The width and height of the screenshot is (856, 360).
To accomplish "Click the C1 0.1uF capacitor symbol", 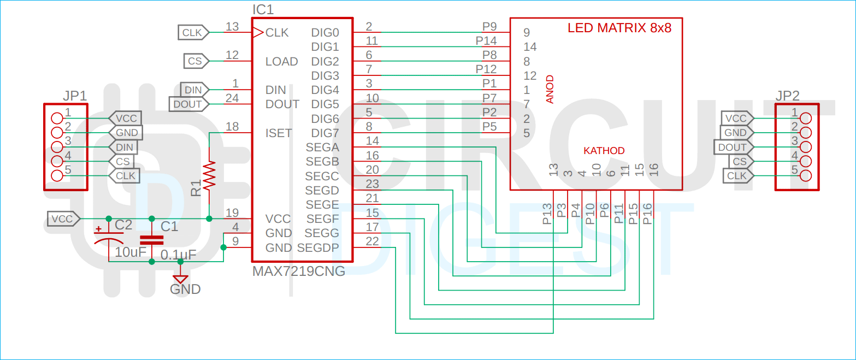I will [x=151, y=240].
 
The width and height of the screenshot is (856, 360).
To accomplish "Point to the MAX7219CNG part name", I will [x=298, y=272].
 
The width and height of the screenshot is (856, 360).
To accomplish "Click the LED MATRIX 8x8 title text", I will [x=619, y=28].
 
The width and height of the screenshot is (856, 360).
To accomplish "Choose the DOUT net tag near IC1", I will [x=187, y=104].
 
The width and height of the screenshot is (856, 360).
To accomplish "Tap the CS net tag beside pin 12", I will [x=194, y=61].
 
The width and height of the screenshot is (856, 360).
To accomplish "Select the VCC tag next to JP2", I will [x=736, y=118].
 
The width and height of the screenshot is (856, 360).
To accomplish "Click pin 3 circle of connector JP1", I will [x=57, y=147].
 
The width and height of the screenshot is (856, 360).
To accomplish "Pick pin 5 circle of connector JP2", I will [x=805, y=176].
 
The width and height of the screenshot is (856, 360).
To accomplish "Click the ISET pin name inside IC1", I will [x=279, y=133].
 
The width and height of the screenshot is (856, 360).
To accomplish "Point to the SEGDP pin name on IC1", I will [x=318, y=248].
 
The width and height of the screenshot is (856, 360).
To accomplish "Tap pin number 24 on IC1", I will [x=232, y=98].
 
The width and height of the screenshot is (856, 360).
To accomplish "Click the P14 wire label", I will [x=486, y=40].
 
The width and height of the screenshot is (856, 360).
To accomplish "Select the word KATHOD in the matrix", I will [x=604, y=151].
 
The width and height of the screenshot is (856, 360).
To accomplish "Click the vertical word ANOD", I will [x=550, y=88].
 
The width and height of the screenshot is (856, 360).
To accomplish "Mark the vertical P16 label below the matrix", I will [x=647, y=214].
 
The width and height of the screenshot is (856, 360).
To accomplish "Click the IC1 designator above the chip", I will [x=263, y=10].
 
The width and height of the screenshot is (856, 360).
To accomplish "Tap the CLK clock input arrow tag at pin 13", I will [x=192, y=33].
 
